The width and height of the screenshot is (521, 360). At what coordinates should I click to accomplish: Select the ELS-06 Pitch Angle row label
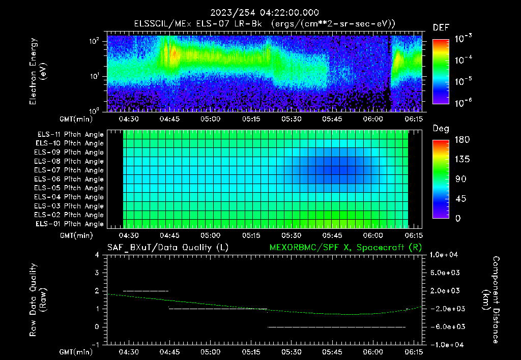[69, 179]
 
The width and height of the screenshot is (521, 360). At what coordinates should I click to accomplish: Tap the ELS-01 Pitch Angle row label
[69, 224]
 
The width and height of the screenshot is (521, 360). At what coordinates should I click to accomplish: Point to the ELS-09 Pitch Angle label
[69, 153]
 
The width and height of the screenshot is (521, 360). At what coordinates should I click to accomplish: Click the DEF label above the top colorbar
[440, 28]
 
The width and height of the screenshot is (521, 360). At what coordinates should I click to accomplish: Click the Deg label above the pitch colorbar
[440, 129]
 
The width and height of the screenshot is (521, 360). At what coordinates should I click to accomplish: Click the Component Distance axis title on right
[491, 300]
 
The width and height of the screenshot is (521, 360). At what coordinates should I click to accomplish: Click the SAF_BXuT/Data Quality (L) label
[167, 247]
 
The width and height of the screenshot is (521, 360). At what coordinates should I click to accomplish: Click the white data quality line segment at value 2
[146, 291]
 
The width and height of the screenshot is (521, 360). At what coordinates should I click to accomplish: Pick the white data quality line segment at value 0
[336, 327]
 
